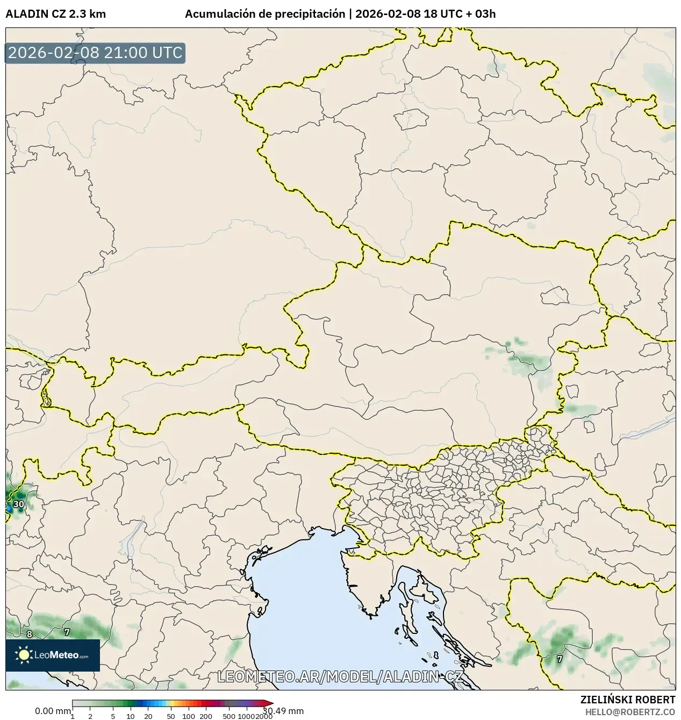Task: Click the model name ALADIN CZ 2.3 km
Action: coord(55,14)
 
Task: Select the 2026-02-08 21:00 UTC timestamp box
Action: coord(95,53)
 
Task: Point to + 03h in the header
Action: coord(482,14)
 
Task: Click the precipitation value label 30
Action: coord(19,504)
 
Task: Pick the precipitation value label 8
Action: coord(30,635)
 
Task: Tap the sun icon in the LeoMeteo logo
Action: coord(24,655)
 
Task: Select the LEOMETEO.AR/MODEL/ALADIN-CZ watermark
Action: coord(340,676)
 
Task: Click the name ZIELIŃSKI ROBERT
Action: coord(627,700)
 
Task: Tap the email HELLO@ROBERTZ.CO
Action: coord(630,711)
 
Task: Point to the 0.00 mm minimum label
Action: coord(53,711)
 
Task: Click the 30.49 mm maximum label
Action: coord(284,711)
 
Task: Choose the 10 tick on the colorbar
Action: coord(131,716)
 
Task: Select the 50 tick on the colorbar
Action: coord(171,716)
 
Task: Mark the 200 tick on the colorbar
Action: coord(206,716)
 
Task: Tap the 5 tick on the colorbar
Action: coord(113,716)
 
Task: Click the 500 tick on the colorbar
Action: coord(229,716)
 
